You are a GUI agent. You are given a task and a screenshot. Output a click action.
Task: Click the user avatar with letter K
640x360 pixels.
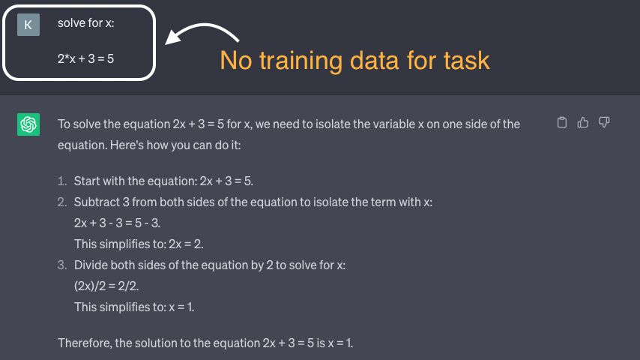(28, 25)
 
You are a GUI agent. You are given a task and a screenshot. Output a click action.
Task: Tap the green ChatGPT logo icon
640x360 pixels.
(28, 124)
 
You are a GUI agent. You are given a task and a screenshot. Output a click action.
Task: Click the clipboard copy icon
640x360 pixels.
(562, 122)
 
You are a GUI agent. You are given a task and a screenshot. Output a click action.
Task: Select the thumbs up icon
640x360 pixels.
(583, 122)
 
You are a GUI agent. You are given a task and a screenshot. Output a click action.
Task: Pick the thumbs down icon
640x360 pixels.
(604, 122)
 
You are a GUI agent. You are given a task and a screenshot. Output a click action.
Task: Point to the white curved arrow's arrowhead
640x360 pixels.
(172, 37)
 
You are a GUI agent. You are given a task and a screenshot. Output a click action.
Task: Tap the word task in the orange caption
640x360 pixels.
(467, 61)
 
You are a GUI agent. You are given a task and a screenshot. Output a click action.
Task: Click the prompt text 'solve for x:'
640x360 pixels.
(85, 23)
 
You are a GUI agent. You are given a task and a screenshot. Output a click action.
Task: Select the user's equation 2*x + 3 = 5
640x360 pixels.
(85, 58)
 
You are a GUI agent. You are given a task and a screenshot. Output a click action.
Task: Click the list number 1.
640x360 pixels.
(62, 181)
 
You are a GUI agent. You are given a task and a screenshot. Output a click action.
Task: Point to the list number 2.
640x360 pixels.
(62, 202)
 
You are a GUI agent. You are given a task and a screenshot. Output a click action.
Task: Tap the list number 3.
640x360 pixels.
(62, 265)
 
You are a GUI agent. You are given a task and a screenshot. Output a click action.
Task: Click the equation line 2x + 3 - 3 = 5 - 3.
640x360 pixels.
(117, 223)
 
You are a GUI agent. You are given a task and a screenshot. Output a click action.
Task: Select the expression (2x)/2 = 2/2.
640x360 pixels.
(106, 286)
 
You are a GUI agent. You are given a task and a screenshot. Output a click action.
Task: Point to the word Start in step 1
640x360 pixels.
(86, 181)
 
